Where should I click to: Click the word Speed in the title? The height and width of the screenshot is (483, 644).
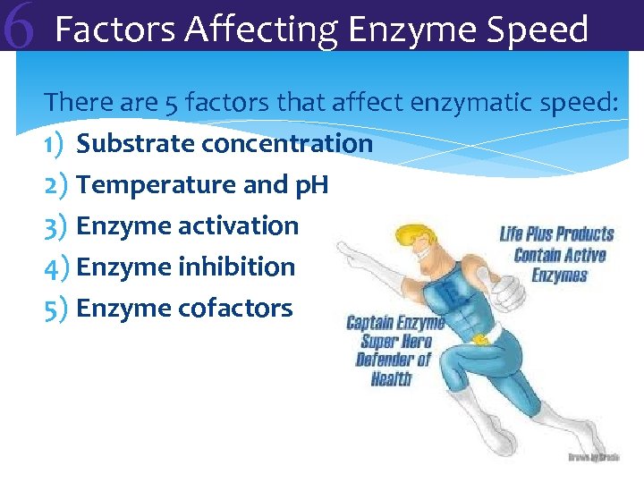[540, 30]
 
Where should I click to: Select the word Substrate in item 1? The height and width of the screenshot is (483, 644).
[135, 143]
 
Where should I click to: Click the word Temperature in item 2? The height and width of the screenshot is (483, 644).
[144, 184]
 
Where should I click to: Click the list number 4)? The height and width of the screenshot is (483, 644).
[55, 267]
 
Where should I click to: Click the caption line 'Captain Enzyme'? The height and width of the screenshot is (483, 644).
[394, 323]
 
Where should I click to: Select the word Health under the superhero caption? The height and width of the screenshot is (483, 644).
[391, 378]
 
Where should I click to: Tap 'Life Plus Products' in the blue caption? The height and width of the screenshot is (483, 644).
[556, 234]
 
